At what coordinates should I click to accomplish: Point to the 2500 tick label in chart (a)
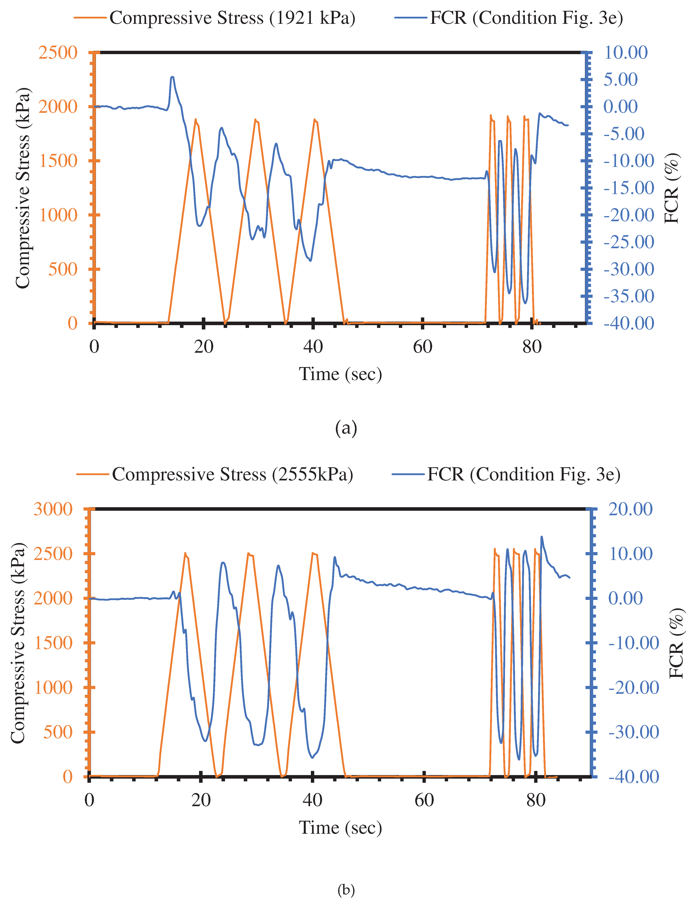(58, 53)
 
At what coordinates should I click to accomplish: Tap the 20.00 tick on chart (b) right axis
(630, 509)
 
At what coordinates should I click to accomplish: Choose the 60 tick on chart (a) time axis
(422, 347)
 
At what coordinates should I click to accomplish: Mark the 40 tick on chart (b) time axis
(312, 800)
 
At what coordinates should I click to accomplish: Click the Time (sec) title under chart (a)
(340, 374)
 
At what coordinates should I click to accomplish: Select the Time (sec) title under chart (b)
(340, 828)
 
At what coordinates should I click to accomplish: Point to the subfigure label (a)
(346, 428)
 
